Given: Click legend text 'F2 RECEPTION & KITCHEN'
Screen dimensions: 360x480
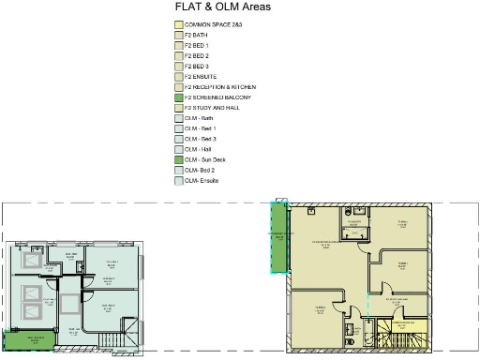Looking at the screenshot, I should tap(217, 87).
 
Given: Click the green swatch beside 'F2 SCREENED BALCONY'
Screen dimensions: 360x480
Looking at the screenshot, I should tap(178, 97).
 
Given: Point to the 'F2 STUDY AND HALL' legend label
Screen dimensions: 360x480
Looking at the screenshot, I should tap(210, 108).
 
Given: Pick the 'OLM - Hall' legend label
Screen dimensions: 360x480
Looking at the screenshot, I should tap(198, 150).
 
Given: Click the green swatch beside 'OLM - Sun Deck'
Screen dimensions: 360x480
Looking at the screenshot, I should tap(178, 160).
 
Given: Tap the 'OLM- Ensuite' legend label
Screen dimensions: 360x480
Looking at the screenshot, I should tap(202, 181).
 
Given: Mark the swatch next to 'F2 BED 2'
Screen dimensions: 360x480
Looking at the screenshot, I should tap(178, 55).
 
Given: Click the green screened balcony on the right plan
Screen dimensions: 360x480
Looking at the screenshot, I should tap(278, 236).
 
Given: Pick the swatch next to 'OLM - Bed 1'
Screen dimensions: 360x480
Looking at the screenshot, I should tap(178, 128).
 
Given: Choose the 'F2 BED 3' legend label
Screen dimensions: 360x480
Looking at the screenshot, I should tap(197, 67).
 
